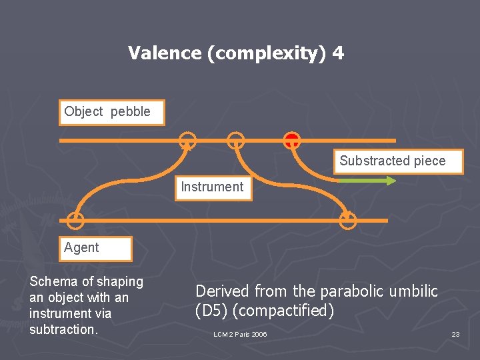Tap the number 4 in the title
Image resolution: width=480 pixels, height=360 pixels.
[339, 53]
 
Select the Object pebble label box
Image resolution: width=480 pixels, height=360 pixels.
[111, 112]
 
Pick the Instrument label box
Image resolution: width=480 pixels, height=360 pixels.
[212, 187]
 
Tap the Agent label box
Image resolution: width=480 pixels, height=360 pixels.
[95, 248]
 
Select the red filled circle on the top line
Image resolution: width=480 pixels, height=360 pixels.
[291, 140]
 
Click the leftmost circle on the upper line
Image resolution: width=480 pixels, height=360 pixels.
[188, 141]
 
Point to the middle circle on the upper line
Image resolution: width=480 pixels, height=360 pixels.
[235, 141]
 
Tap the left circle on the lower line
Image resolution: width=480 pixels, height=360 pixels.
[76, 220]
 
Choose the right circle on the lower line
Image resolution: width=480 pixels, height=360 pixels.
[348, 220]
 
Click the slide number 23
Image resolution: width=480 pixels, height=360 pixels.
[455, 334]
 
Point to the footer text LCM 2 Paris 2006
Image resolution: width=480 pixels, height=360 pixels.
[240, 334]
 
